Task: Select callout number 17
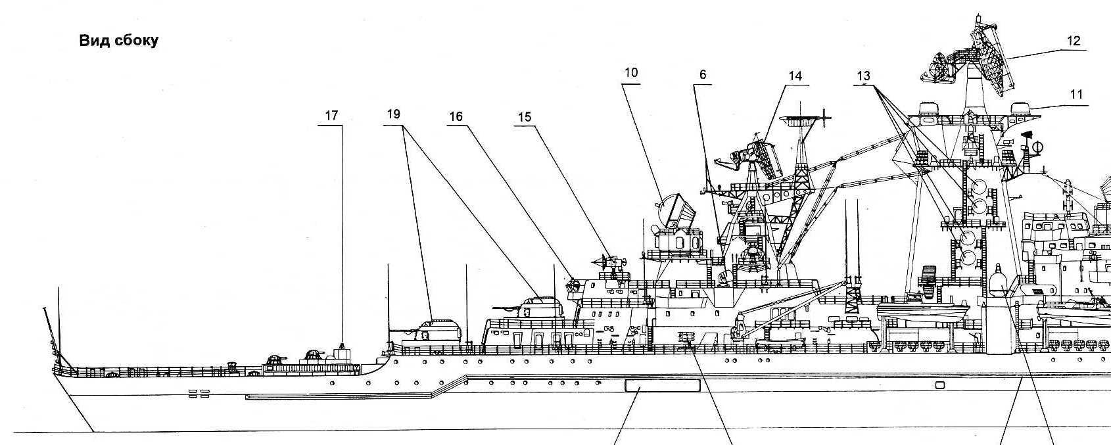(331, 116)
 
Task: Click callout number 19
(393, 114)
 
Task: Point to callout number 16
(456, 117)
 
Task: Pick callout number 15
(524, 117)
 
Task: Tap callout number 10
(630, 72)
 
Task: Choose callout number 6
(702, 75)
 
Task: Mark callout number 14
(795, 76)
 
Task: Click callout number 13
(864, 76)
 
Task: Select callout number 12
(1073, 41)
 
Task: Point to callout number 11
(1076, 95)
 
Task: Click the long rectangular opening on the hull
(662, 386)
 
